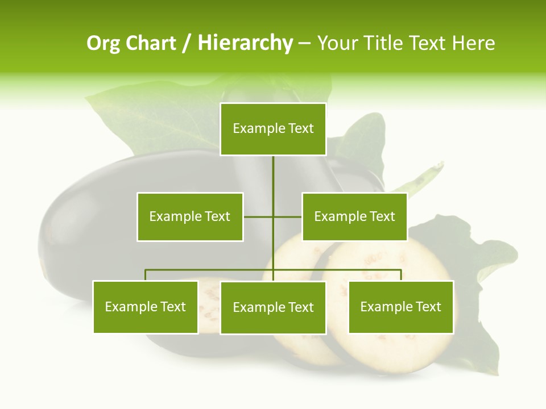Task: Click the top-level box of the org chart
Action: pyautogui.click(x=273, y=129)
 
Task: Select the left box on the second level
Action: pyautogui.click(x=189, y=216)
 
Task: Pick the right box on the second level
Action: pyautogui.click(x=354, y=216)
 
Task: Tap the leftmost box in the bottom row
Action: pyautogui.click(x=145, y=307)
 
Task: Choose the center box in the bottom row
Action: pyautogui.click(x=273, y=307)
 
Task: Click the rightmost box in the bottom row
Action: pyautogui.click(x=400, y=307)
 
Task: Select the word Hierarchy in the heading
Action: pyautogui.click(x=245, y=43)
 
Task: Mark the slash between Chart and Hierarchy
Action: pyautogui.click(x=187, y=43)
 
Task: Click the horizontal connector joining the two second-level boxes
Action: pyautogui.click(x=259, y=216)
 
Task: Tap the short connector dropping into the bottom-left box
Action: pyautogui.click(x=146, y=275)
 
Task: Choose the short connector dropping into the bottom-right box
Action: pyautogui.click(x=401, y=275)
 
